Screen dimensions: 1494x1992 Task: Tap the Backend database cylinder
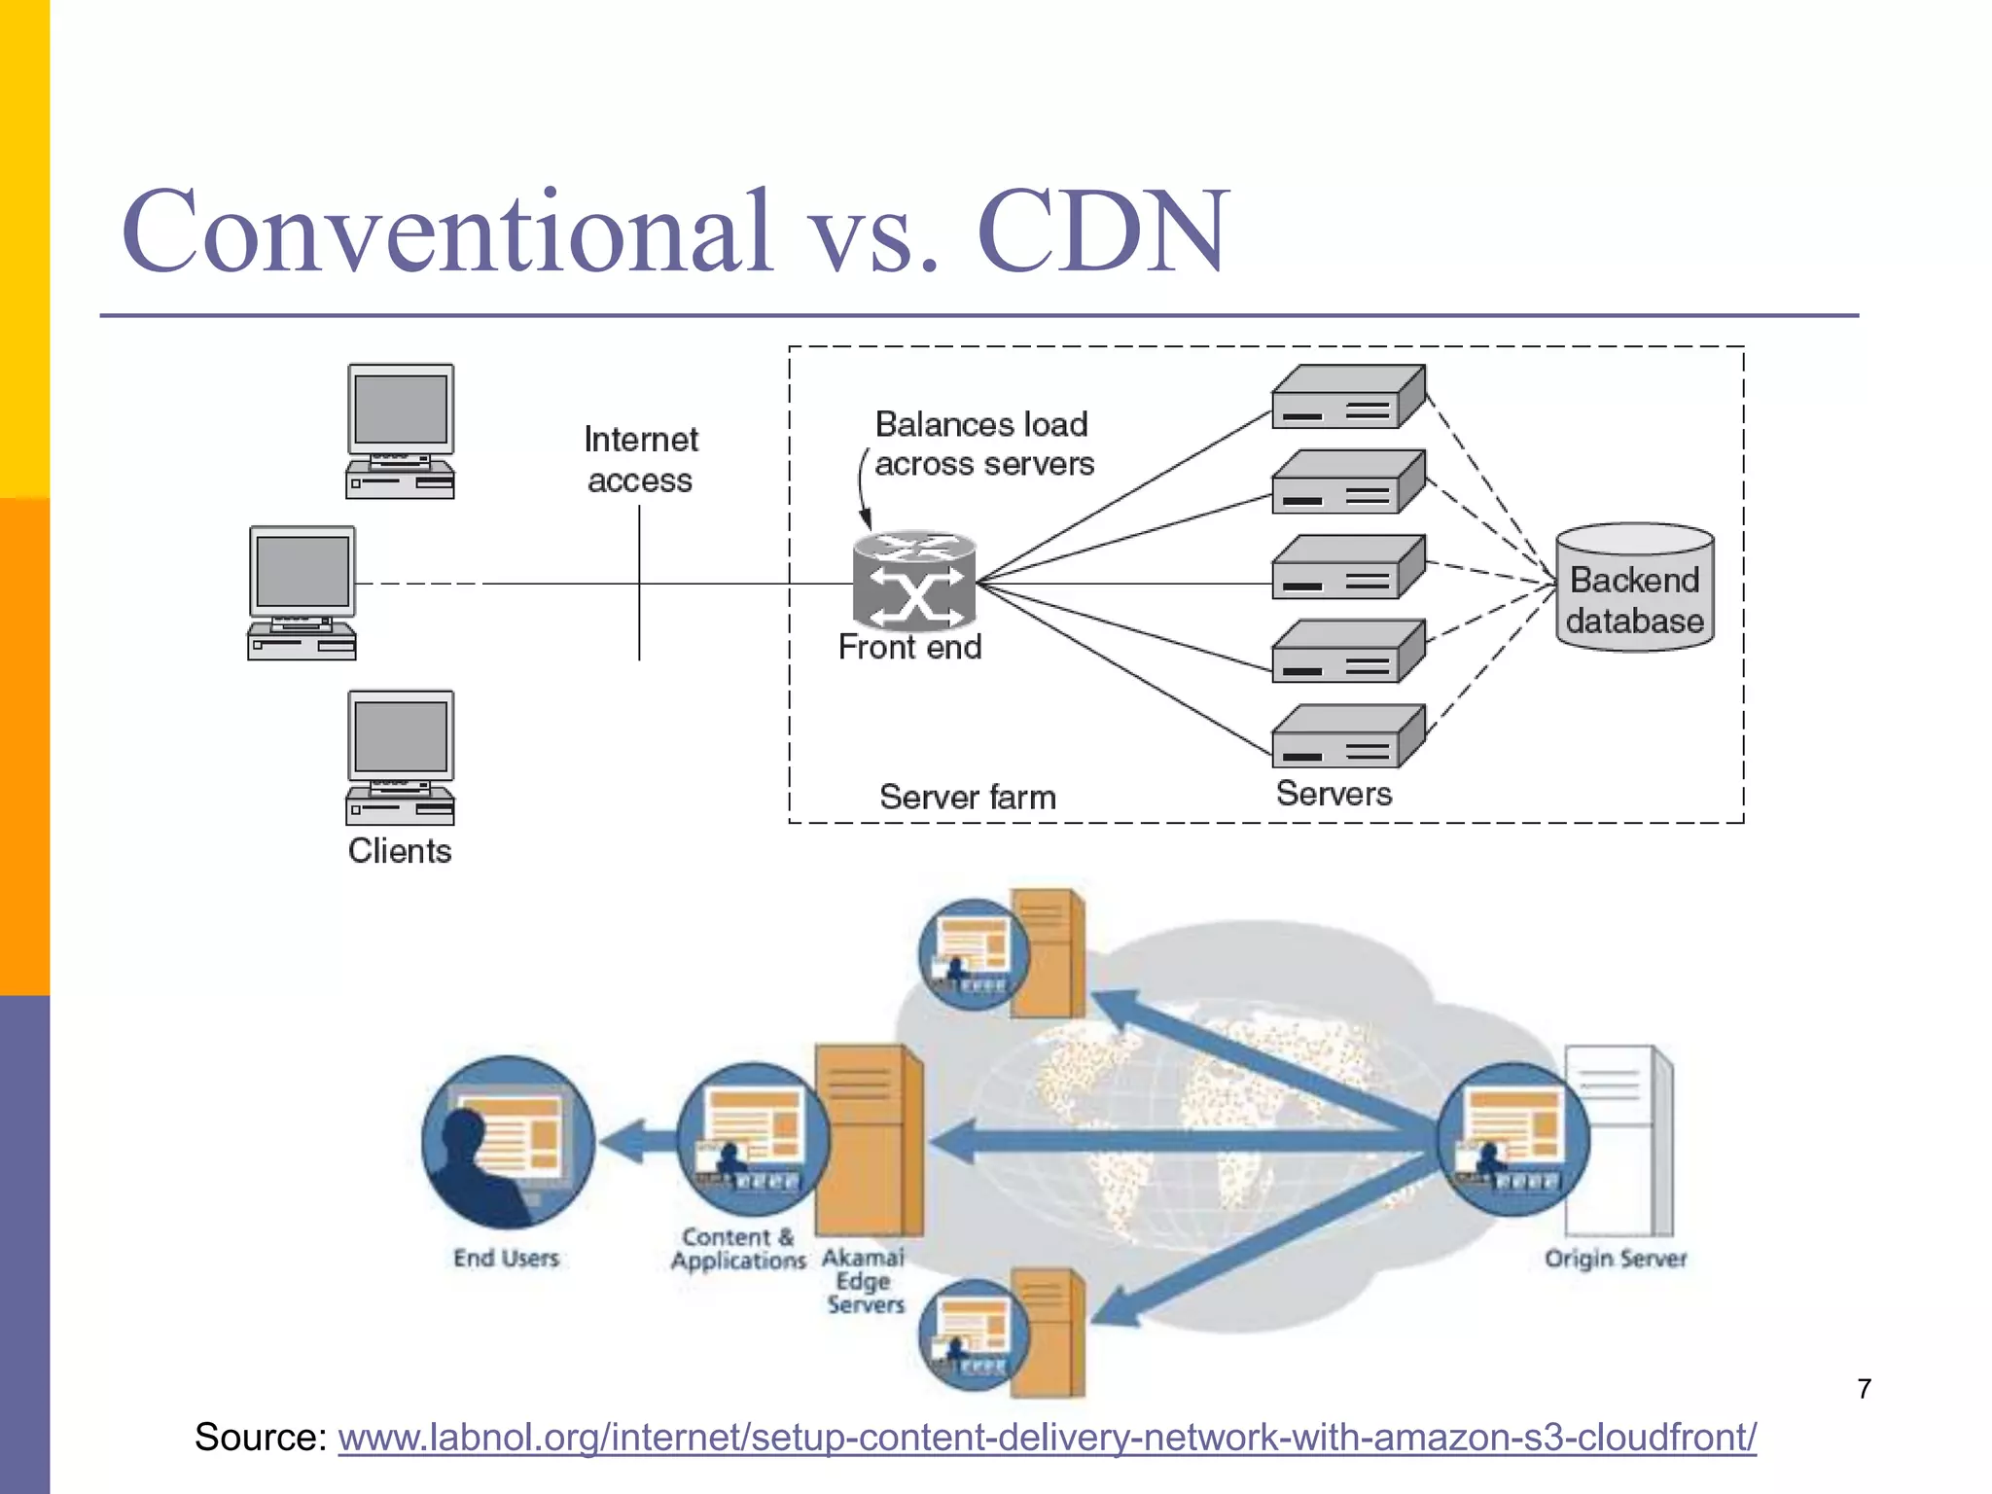pos(1634,588)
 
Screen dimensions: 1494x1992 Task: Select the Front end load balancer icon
pos(913,581)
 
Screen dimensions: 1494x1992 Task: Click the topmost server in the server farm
pos(1348,397)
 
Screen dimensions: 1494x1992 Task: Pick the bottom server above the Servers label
pos(1348,736)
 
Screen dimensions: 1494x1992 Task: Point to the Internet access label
pos(640,459)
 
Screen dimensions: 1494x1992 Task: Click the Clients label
pos(400,851)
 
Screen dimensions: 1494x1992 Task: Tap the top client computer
pos(400,431)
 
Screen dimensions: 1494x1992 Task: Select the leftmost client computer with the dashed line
pos(302,592)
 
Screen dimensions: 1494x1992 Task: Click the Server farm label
pos(967,797)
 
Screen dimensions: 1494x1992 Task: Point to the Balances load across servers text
pos(982,444)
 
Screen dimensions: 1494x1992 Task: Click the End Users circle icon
pos(508,1142)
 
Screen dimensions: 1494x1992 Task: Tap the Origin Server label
pos(1615,1259)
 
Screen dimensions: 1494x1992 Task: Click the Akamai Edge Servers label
pos(864,1281)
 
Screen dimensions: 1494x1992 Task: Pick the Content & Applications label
pos(738,1249)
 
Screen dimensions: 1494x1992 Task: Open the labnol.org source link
pos(1047,1437)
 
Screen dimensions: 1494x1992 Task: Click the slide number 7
pos(1864,1389)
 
